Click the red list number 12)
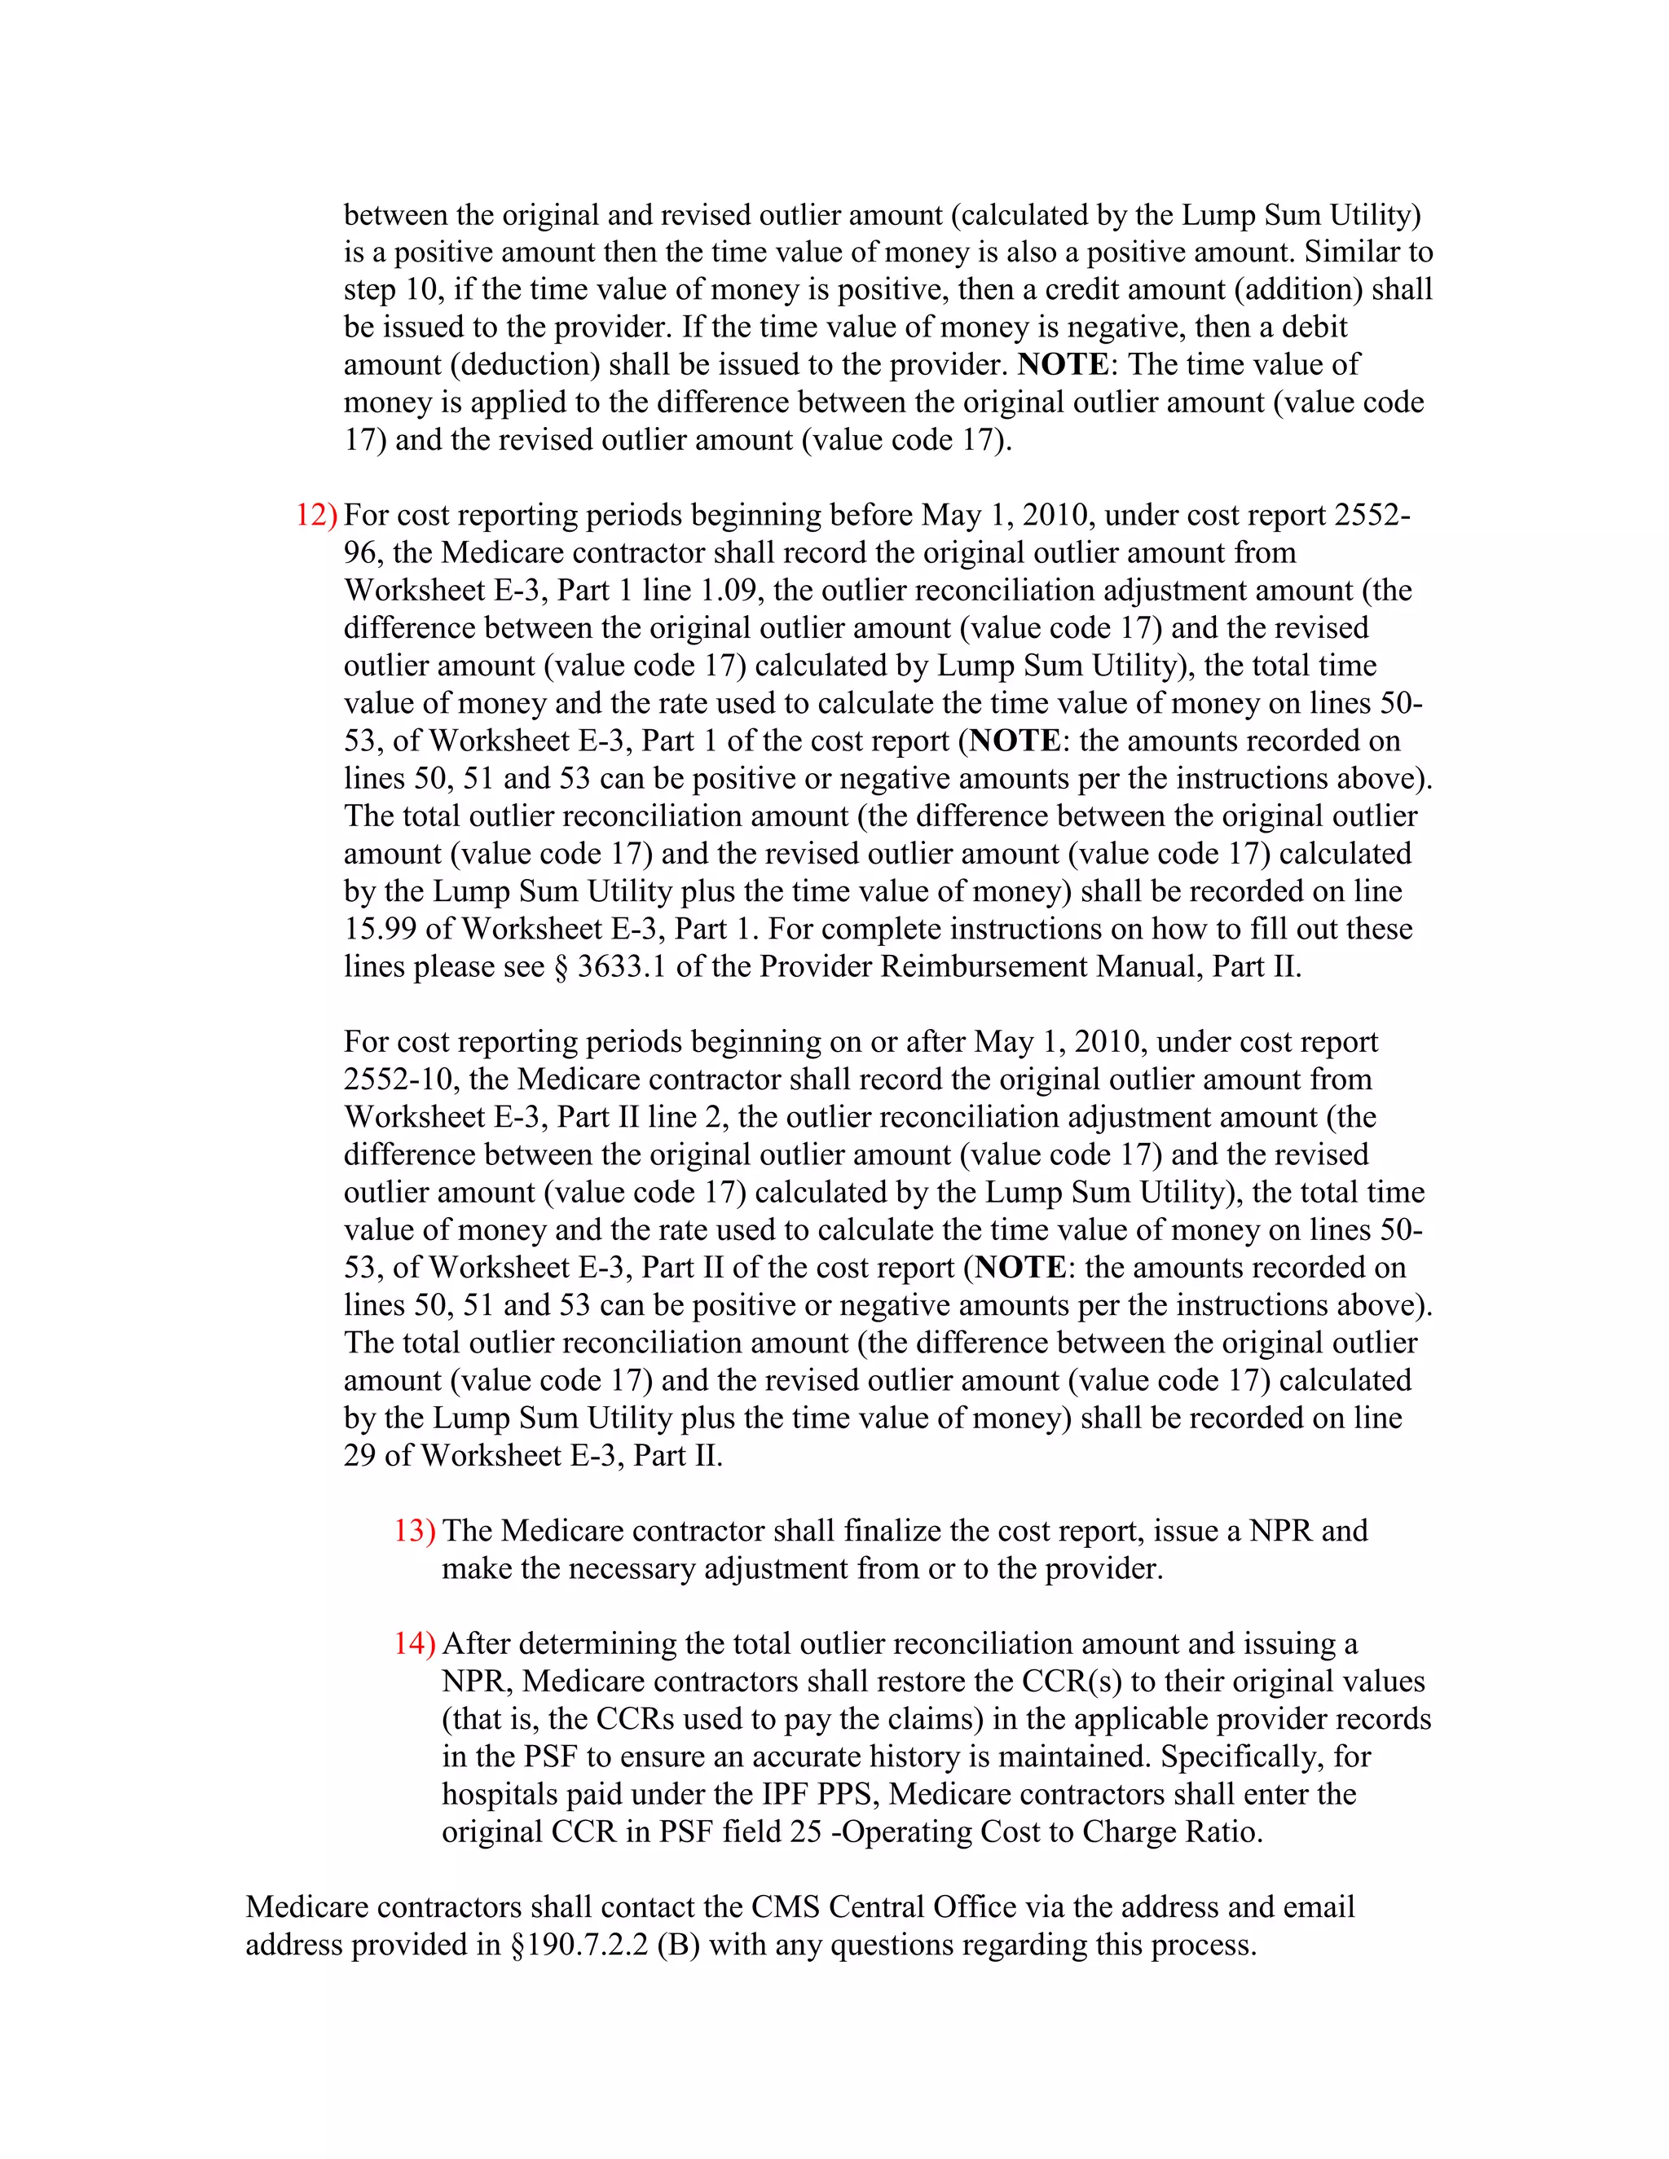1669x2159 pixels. [315, 515]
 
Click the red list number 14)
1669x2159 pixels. [413, 1644]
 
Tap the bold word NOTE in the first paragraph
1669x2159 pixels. [1062, 365]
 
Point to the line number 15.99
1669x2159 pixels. [381, 930]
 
